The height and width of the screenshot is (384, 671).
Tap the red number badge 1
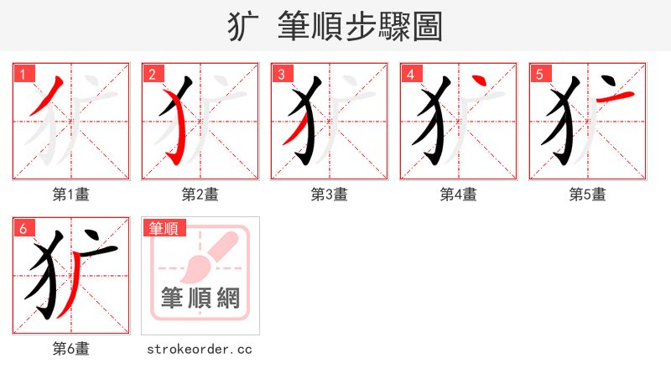point(23,74)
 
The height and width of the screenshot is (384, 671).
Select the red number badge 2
point(152,74)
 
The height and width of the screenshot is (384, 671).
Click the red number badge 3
point(281,74)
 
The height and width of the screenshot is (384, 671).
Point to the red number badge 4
point(410,74)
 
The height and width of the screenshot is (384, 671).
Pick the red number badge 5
point(539,74)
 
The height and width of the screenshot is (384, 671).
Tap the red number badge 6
point(23,228)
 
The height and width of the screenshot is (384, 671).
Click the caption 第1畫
point(71,195)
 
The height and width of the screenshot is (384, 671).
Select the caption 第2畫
point(200,195)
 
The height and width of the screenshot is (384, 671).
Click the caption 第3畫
point(330,195)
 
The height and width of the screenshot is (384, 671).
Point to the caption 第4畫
point(459,195)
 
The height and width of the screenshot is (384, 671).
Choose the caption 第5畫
point(588,195)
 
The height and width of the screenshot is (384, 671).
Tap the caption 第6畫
point(71,349)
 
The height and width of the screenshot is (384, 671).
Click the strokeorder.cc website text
point(200,349)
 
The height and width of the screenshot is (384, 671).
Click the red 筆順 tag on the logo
point(164,228)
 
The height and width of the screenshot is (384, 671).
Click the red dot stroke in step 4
point(480,81)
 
